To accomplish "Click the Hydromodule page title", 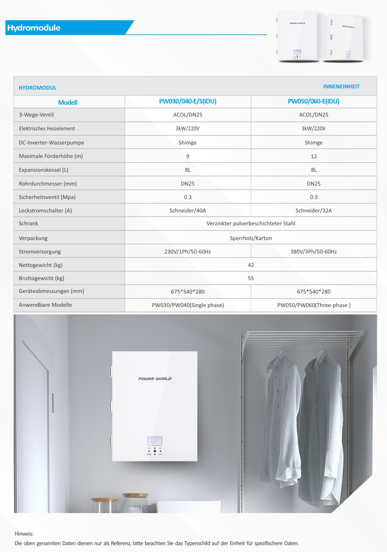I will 34,28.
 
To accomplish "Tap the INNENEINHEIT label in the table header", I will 341,87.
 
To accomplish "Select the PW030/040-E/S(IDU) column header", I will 188,101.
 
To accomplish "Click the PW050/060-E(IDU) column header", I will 313,101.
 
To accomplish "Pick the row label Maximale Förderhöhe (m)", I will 51,156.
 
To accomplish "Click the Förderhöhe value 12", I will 313,157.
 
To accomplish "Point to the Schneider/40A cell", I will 188,211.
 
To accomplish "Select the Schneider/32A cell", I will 313,211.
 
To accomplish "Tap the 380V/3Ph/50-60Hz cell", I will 313,252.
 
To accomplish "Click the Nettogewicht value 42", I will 251,265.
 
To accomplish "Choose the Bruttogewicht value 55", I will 251,278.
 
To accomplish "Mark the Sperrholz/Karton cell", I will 251,238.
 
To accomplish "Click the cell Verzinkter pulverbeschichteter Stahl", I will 251,224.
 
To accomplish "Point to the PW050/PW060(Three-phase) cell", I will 313,305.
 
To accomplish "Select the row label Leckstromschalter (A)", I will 45,211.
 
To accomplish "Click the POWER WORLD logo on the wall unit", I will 155,379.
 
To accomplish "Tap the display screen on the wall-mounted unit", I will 155,441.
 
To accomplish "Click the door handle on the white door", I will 53,403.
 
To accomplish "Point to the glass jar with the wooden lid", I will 135,502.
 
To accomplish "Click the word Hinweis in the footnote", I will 24,534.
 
